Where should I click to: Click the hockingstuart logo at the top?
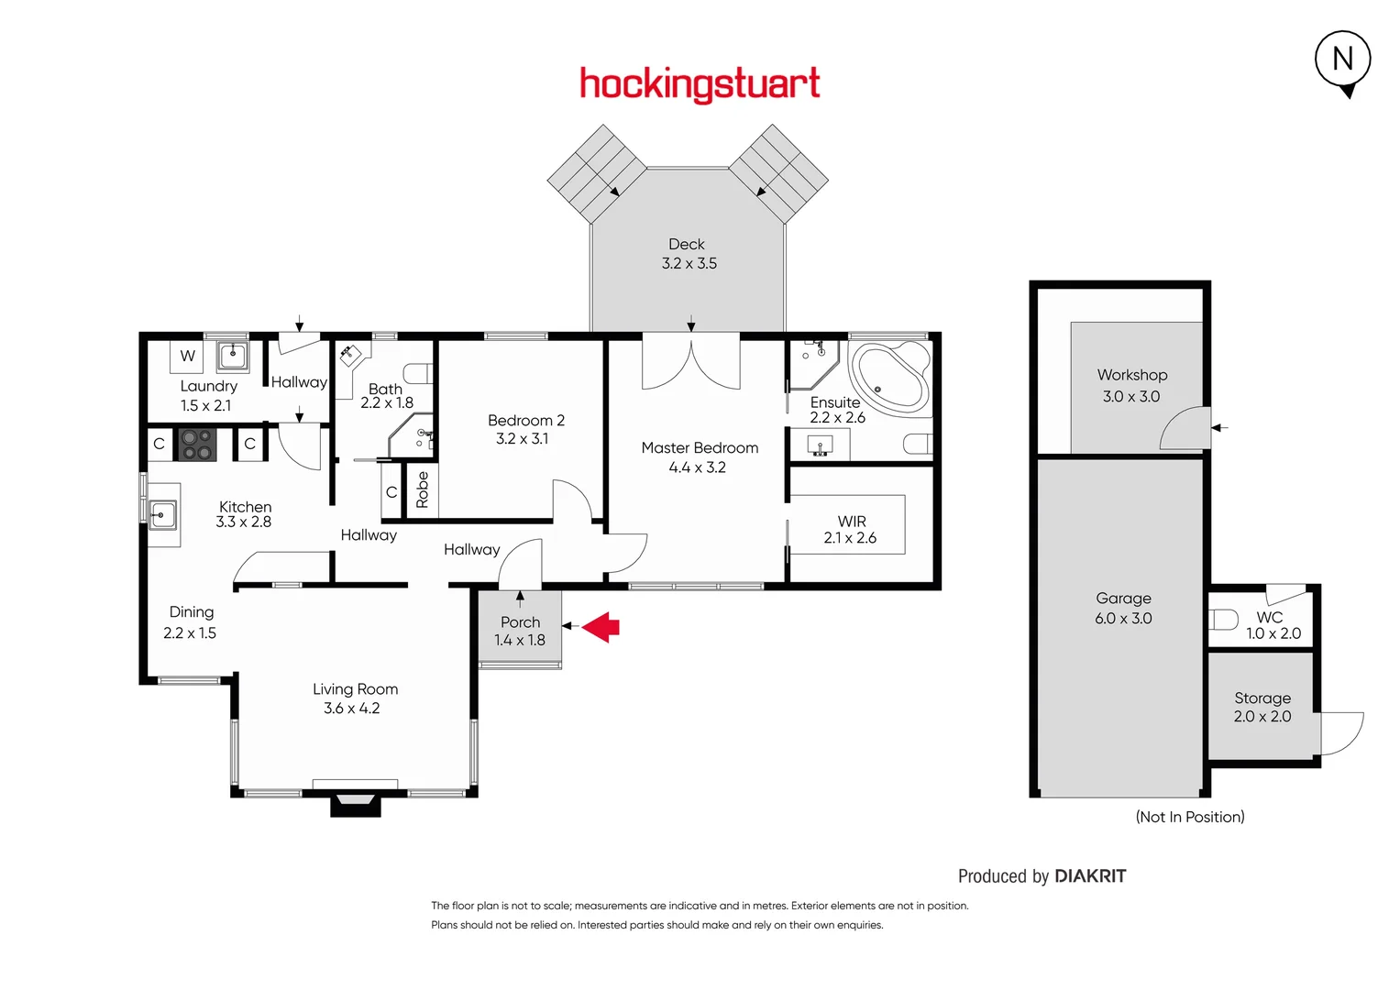click(x=700, y=84)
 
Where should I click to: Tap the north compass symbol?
click(x=1342, y=60)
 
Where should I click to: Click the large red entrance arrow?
click(x=601, y=626)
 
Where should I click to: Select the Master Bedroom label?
click(x=700, y=447)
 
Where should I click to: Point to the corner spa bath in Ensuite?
click(x=888, y=376)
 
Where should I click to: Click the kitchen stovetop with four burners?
click(x=196, y=445)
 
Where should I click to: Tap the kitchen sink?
click(x=162, y=515)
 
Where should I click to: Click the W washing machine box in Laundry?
click(x=187, y=356)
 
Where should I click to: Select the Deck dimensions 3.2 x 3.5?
click(x=689, y=263)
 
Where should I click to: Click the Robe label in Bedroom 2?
click(x=422, y=489)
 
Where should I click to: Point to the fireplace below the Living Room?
click(x=355, y=803)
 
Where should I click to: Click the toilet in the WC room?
click(x=1224, y=620)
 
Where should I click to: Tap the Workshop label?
click(x=1132, y=375)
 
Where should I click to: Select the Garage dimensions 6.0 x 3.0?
click(x=1123, y=619)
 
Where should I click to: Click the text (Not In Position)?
click(x=1190, y=817)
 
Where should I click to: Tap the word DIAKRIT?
click(x=1090, y=876)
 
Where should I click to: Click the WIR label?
click(x=851, y=521)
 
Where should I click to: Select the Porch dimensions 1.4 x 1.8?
click(x=520, y=640)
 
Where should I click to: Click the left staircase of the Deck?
click(x=597, y=173)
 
